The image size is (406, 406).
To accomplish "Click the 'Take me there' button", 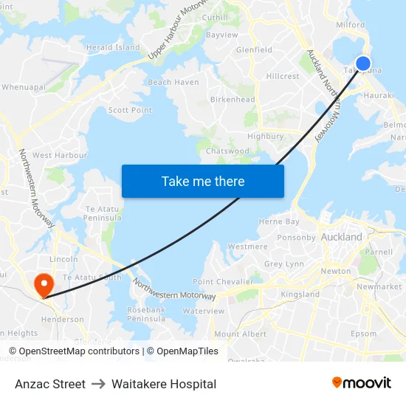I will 202,181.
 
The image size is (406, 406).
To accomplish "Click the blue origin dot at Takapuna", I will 362,63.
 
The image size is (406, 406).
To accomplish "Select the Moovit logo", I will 361,383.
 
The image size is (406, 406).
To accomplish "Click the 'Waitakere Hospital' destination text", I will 164,384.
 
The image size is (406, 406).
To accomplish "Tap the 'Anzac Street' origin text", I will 50,384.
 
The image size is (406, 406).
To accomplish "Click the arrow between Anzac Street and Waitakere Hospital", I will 98,384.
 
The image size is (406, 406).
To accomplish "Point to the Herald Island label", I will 113,47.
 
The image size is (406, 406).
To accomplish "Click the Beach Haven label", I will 173,83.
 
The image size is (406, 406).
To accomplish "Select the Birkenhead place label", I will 233,100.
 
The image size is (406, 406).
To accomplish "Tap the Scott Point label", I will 130,110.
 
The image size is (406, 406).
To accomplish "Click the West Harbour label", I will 60,155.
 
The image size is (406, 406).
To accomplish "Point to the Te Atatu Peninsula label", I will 103,213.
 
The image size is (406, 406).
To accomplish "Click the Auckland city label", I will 342,237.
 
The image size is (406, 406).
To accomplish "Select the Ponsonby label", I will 296,238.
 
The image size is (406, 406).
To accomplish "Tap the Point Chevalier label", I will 222,281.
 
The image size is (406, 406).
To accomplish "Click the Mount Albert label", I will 240,334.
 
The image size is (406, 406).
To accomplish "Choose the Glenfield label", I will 254,50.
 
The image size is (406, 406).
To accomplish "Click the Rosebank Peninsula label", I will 146,314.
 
